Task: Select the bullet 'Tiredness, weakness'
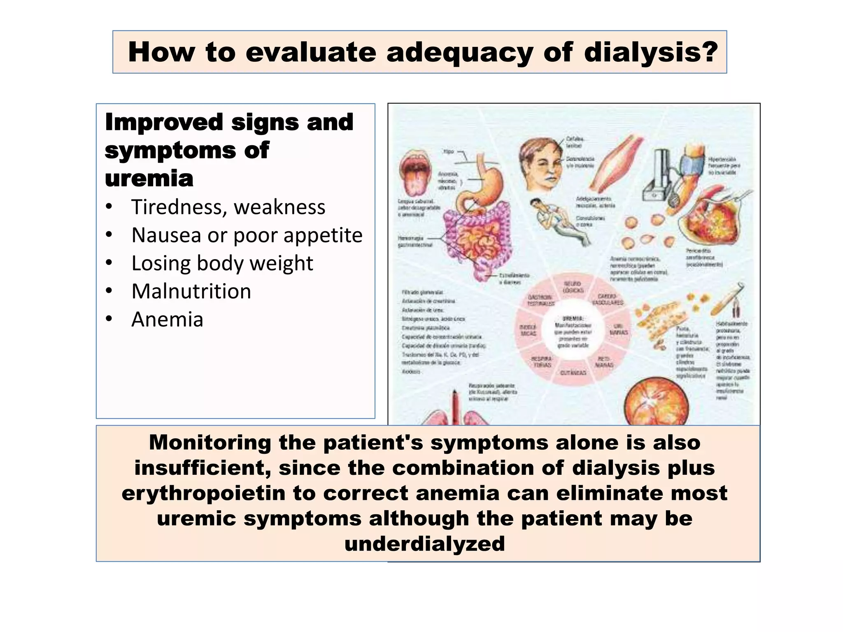(x=228, y=207)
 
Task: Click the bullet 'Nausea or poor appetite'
(x=247, y=235)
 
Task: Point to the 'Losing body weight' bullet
(x=222, y=263)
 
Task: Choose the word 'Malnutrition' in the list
(x=191, y=291)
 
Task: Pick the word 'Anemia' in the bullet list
(x=167, y=319)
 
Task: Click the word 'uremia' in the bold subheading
(x=149, y=178)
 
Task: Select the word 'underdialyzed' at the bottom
(x=424, y=544)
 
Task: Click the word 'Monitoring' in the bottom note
(x=210, y=443)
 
